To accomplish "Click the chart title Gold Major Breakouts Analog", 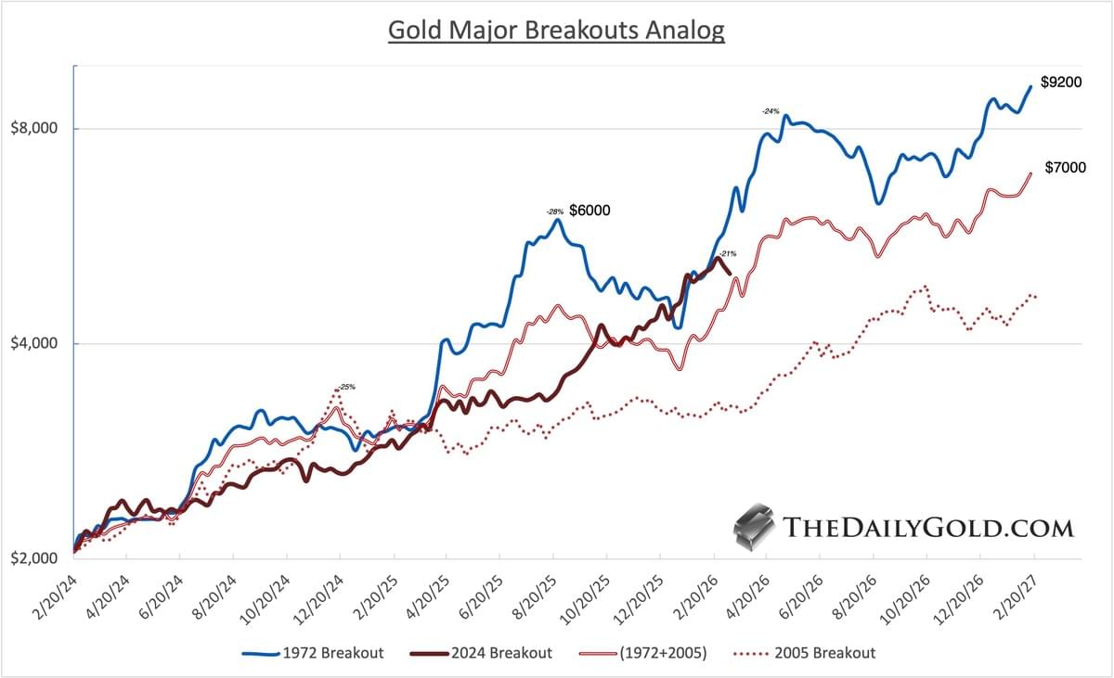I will (x=555, y=30).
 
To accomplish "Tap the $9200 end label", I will (x=1060, y=83).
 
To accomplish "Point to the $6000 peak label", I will (x=589, y=211).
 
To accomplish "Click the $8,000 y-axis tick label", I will (x=35, y=128).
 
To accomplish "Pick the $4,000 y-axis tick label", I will (x=35, y=343).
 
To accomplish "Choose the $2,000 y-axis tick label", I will (x=35, y=558).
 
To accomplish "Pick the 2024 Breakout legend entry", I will (x=484, y=653).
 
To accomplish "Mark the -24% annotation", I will (x=770, y=111).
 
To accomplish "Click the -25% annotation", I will (x=345, y=387).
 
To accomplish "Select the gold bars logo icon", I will (x=754, y=527).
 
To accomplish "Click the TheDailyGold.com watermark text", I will (x=928, y=528).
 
